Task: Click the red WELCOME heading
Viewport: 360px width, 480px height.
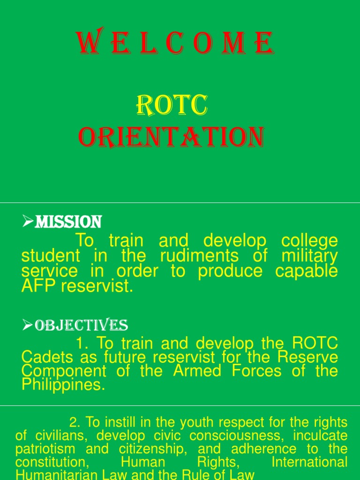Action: click(x=175, y=44)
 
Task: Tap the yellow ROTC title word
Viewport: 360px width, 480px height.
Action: click(x=171, y=105)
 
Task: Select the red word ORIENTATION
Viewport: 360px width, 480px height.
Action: click(x=171, y=137)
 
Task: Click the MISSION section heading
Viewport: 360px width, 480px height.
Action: click(x=68, y=221)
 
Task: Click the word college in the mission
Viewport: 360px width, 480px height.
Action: click(x=309, y=241)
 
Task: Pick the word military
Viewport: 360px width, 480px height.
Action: click(x=309, y=256)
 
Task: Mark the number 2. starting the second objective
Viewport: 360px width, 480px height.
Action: click(x=75, y=422)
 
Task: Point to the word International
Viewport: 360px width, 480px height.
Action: click(x=309, y=462)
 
